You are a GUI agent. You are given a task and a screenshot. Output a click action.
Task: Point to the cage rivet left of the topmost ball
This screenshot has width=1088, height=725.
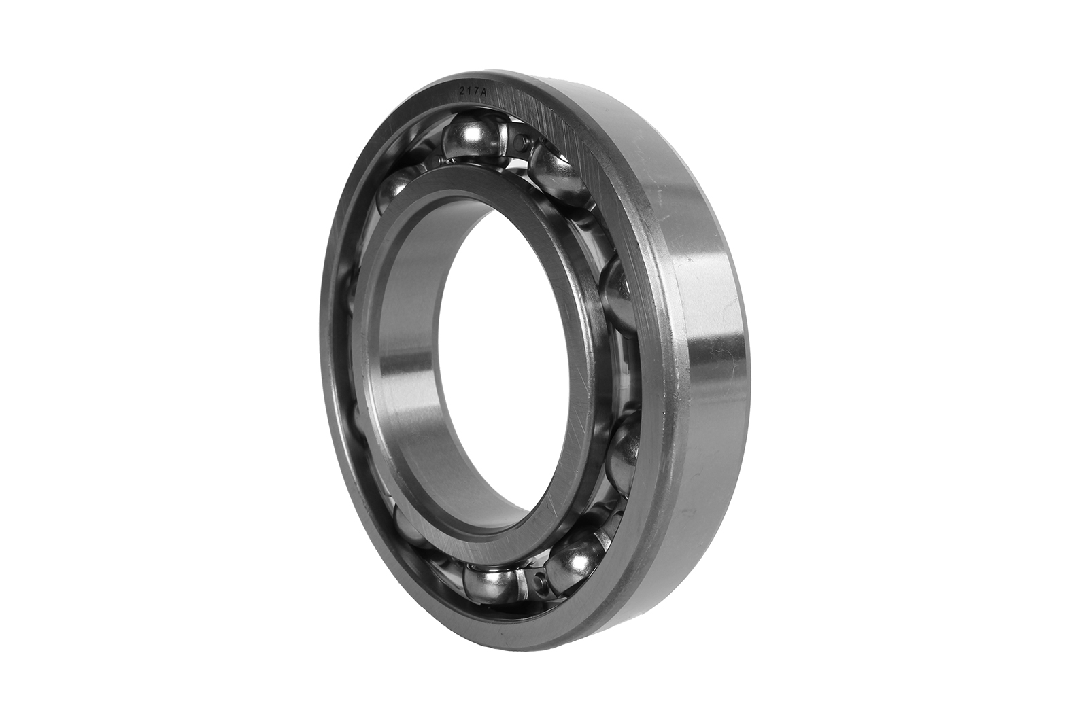tap(439, 162)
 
